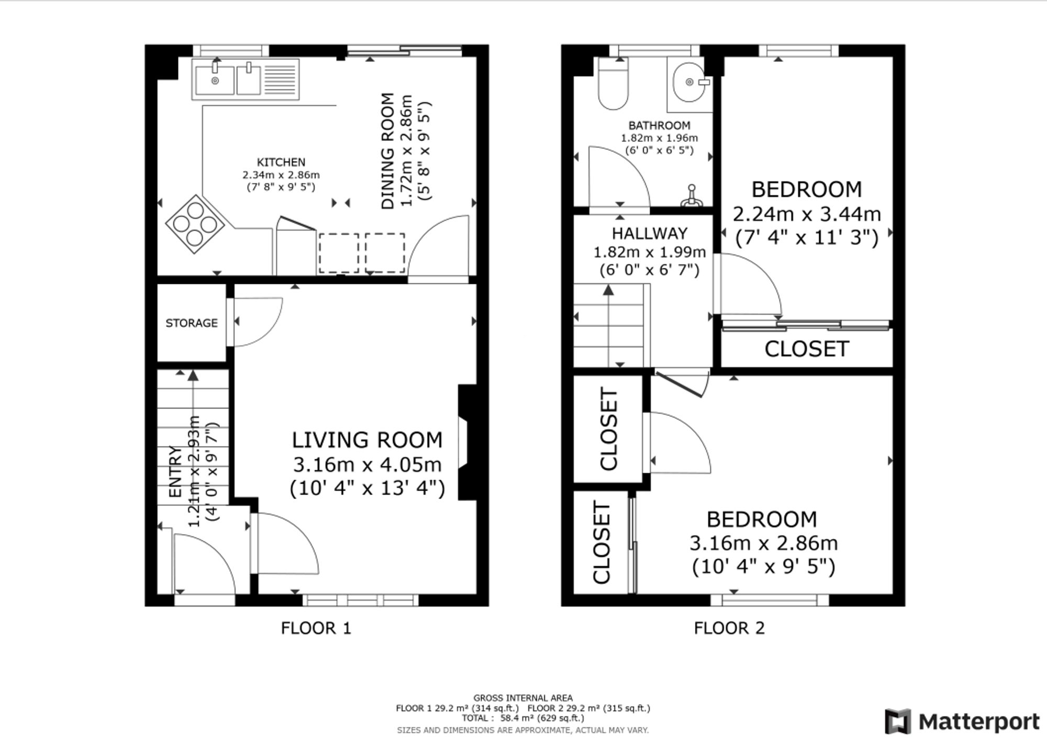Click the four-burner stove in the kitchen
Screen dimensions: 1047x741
(x=195, y=225)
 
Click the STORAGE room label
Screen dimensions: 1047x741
(x=192, y=323)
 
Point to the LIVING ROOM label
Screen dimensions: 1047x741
(x=367, y=440)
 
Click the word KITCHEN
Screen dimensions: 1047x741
(x=281, y=162)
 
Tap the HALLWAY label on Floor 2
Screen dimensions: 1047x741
(x=650, y=233)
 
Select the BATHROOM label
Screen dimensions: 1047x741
(x=659, y=126)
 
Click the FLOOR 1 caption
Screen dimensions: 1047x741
(x=316, y=628)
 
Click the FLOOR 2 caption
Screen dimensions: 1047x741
(x=729, y=628)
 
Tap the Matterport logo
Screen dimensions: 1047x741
(x=962, y=722)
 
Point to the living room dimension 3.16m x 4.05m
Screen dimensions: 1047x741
(x=367, y=464)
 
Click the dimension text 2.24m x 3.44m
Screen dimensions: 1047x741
(x=807, y=214)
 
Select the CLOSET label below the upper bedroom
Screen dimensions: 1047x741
(x=807, y=349)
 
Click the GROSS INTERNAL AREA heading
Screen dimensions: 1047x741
(x=523, y=698)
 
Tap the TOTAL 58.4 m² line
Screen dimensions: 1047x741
(x=523, y=718)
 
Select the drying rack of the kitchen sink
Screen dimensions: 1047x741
(x=281, y=80)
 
